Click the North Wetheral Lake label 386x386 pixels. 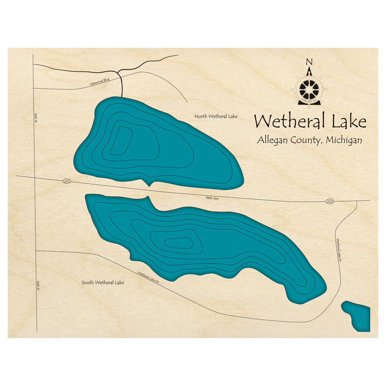[x=216, y=116]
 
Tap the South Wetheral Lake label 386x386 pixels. [x=103, y=283]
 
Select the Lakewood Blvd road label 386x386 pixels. [x=99, y=80]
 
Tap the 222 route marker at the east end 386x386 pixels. [x=329, y=201]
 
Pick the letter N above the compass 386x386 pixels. [x=308, y=62]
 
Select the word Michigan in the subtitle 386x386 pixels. [x=344, y=140]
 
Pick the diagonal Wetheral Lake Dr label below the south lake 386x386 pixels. [x=149, y=278]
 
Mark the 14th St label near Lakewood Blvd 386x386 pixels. [x=35, y=115]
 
